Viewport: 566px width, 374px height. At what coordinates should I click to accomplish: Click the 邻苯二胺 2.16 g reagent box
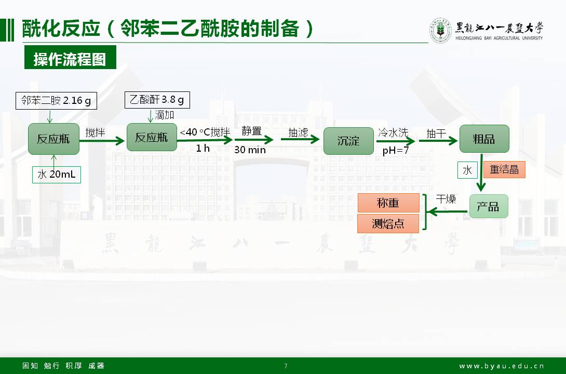[x=56, y=101]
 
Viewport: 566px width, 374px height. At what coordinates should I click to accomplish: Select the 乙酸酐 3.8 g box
[x=157, y=100]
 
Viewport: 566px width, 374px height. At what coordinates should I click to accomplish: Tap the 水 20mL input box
[x=57, y=175]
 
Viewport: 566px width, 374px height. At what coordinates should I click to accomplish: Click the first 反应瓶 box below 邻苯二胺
[x=53, y=139]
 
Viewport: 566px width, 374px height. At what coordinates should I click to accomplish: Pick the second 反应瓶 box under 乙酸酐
[x=152, y=138]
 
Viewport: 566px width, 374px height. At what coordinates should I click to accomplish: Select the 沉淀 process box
[x=348, y=141]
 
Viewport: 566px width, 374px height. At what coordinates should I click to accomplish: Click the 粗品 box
[x=484, y=139]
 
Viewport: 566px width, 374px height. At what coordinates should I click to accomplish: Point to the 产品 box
[x=488, y=206]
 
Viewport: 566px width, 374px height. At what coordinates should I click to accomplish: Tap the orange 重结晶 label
[x=504, y=170]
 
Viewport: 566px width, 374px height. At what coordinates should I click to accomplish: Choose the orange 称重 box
[x=388, y=203]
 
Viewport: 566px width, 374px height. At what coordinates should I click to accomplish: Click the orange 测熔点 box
[x=388, y=224]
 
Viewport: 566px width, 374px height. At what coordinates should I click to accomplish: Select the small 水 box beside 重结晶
[x=467, y=170]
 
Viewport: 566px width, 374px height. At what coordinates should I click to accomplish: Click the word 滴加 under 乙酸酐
[x=165, y=115]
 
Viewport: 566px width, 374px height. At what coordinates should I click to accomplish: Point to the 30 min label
[x=250, y=150]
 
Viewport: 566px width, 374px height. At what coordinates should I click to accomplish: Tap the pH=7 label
[x=396, y=151]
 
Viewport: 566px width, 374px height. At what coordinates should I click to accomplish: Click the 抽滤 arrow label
[x=298, y=132]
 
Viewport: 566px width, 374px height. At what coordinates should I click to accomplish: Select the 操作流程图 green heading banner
[x=70, y=59]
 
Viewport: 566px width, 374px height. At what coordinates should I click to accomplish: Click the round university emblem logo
[x=440, y=31]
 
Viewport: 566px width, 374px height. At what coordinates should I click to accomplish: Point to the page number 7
[x=286, y=366]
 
